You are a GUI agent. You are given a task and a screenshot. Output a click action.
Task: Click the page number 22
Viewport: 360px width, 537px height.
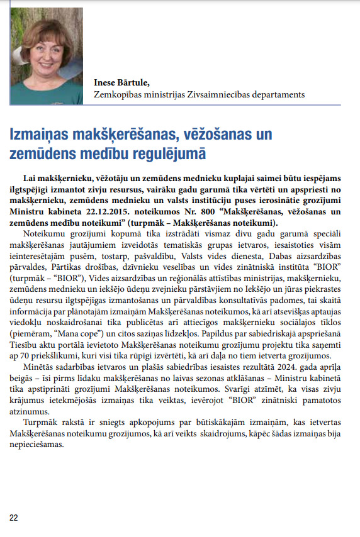[x=14, y=517]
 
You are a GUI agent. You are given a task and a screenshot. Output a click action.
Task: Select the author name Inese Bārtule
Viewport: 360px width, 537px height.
[x=122, y=82]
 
